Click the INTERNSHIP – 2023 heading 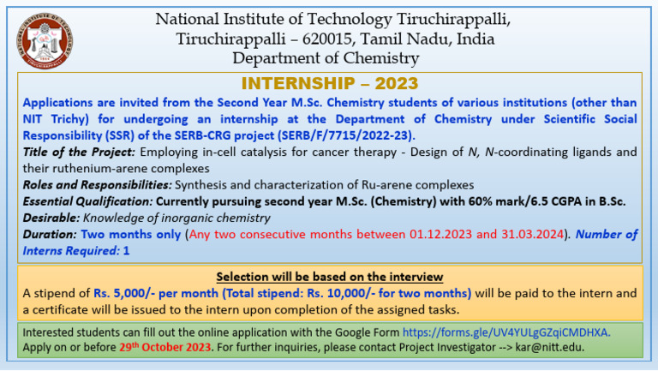point(330,83)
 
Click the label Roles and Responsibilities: point(96,184)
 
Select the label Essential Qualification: point(88,200)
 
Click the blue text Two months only point(131,234)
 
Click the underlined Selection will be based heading point(330,277)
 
